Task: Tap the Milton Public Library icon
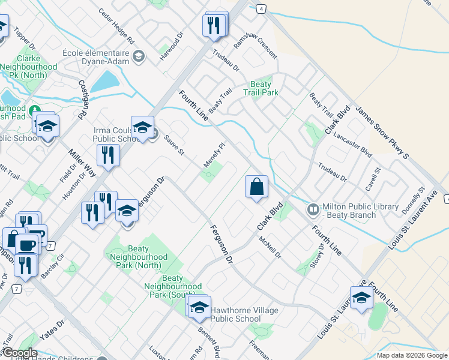[x=313, y=210]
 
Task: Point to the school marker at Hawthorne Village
[x=198, y=307]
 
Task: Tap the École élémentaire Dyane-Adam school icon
[x=139, y=57]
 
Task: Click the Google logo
[x=19, y=353]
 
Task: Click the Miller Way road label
[x=82, y=161]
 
